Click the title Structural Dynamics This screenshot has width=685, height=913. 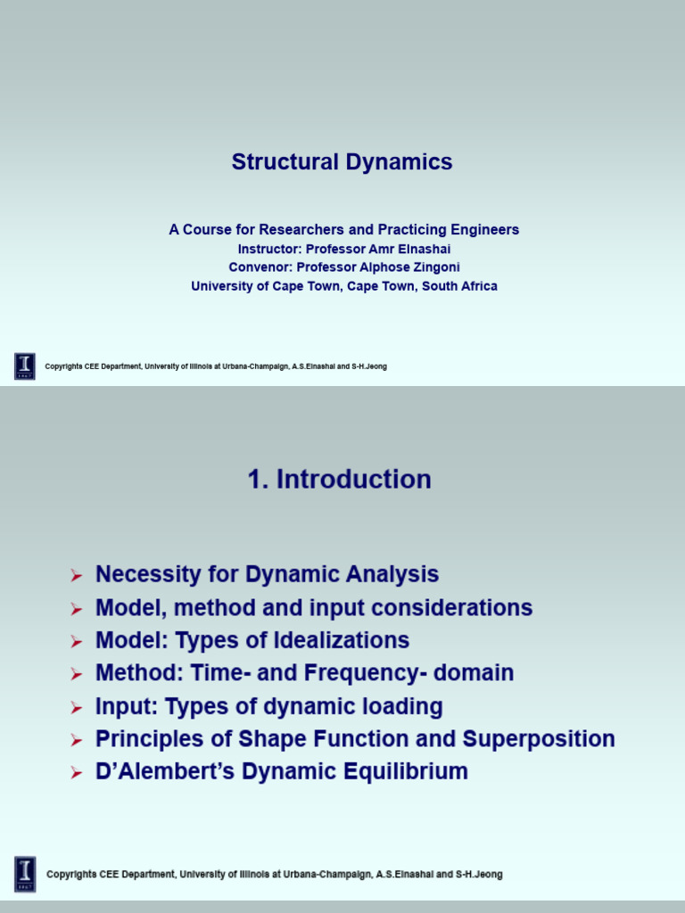click(x=342, y=162)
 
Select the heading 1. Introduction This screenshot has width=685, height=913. click(x=339, y=480)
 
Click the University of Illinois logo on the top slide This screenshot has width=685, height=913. click(x=25, y=366)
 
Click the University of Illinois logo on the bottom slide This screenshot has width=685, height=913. click(x=25, y=874)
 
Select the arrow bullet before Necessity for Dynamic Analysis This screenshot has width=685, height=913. click(x=77, y=576)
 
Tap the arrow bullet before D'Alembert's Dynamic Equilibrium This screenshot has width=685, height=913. click(x=77, y=773)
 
